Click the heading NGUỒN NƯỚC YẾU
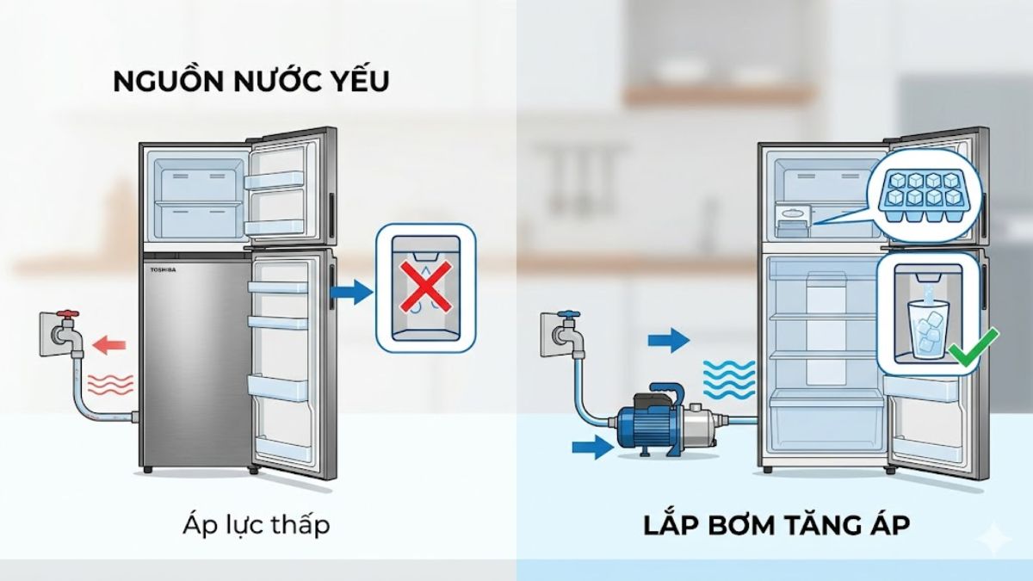(251, 82)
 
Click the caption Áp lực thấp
(256, 525)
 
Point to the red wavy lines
(111, 384)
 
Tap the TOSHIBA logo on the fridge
(162, 270)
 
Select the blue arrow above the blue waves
(671, 339)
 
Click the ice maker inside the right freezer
(793, 221)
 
